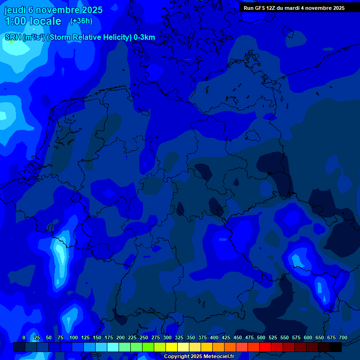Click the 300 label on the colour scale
167,337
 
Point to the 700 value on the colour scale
343,337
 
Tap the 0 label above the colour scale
24,337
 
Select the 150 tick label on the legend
97,337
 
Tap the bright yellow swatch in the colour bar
172,347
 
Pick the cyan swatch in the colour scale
113,347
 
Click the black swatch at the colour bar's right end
336,347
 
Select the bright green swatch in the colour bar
148,347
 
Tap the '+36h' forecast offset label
81,21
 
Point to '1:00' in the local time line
15,22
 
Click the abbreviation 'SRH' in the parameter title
13,37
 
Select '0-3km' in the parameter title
144,37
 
